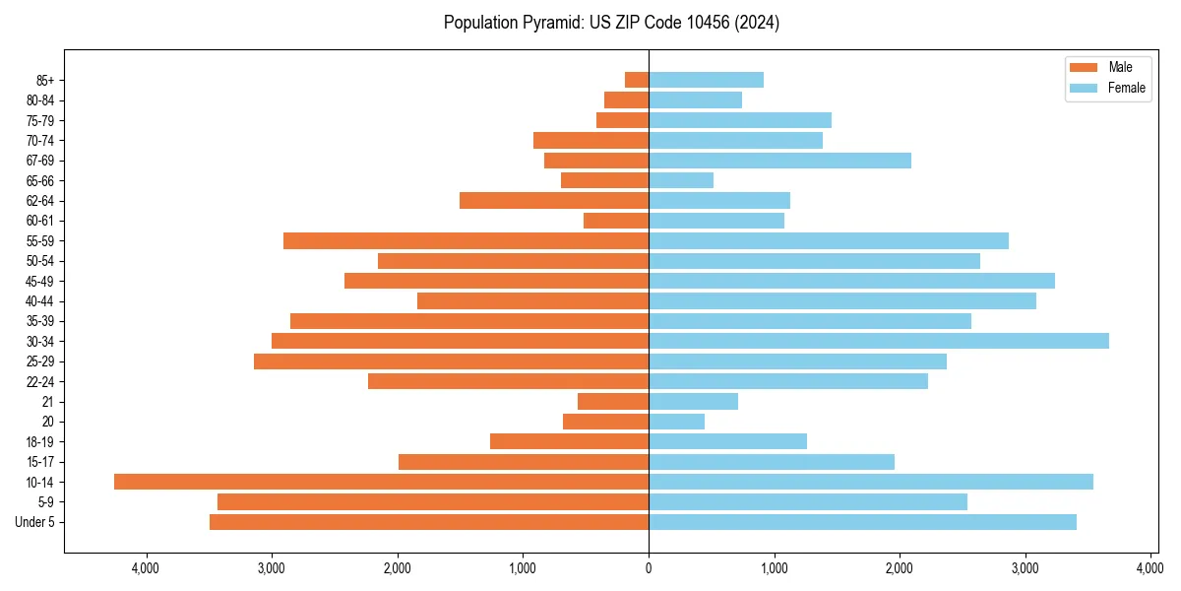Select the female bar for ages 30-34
pos(878,341)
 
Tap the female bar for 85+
pos(706,80)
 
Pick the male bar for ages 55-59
pos(466,240)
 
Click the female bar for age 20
pos(676,422)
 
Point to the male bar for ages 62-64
pos(554,200)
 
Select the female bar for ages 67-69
pos(779,161)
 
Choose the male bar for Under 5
pos(429,522)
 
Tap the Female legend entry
pos(1107,88)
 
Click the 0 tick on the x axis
pos(649,568)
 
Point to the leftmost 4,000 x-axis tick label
pos(146,568)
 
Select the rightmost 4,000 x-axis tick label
pos(1150,568)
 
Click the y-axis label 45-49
pos(39,281)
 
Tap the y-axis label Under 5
pos(35,522)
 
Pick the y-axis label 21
pos(48,402)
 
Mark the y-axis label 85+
pos(43,80)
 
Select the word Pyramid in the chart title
pos(547,23)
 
